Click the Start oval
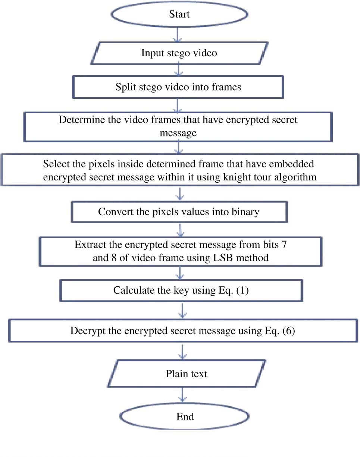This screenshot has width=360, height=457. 179,15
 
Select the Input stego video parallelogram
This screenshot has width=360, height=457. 179,53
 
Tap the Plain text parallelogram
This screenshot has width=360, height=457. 187,374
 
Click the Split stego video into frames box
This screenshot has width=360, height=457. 178,87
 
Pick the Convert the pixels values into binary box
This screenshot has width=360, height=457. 179,212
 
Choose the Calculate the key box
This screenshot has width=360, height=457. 181,290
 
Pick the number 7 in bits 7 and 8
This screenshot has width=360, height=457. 284,245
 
